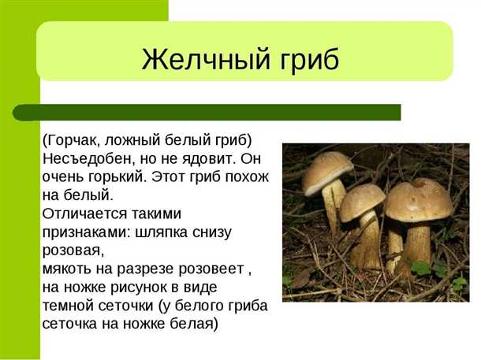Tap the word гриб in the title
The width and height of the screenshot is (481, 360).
click(x=308, y=60)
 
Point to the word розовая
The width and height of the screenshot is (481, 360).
click(x=72, y=250)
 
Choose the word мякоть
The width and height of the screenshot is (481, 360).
click(x=68, y=268)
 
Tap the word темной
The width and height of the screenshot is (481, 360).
click(x=69, y=306)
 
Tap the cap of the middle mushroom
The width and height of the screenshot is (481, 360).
click(x=363, y=201)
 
